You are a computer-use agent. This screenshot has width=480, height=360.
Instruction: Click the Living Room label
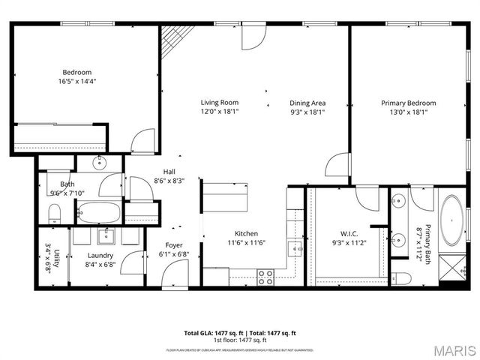219,103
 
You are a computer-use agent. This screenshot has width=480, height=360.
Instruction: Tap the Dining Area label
307,103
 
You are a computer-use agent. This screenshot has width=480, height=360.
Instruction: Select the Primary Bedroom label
408,103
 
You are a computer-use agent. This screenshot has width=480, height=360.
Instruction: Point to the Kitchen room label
246,232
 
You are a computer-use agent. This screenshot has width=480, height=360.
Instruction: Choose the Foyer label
174,245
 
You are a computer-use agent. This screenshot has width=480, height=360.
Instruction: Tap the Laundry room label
100,256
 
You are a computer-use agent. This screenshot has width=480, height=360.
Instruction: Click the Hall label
169,171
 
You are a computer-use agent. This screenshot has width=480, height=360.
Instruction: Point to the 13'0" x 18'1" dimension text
408,112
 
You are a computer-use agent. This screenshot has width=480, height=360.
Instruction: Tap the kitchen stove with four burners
265,277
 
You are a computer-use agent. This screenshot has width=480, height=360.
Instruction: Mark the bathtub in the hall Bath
98,214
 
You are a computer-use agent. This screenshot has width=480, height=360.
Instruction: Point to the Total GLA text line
240,332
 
